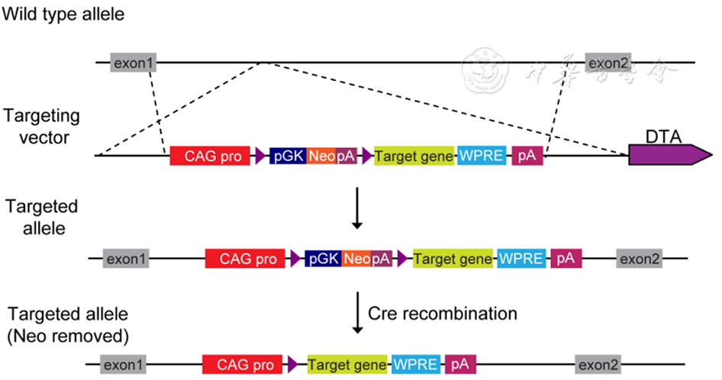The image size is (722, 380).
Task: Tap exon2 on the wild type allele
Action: (607, 63)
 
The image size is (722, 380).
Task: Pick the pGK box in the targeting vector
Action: (288, 156)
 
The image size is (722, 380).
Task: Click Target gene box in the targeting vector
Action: (414, 156)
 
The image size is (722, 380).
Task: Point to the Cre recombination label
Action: (443, 314)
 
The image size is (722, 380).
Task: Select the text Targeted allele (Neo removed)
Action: (69, 324)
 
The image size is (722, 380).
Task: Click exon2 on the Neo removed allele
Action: (598, 365)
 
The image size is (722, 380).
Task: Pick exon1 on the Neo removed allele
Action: (124, 365)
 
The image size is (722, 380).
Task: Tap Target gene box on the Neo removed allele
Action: (349, 365)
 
